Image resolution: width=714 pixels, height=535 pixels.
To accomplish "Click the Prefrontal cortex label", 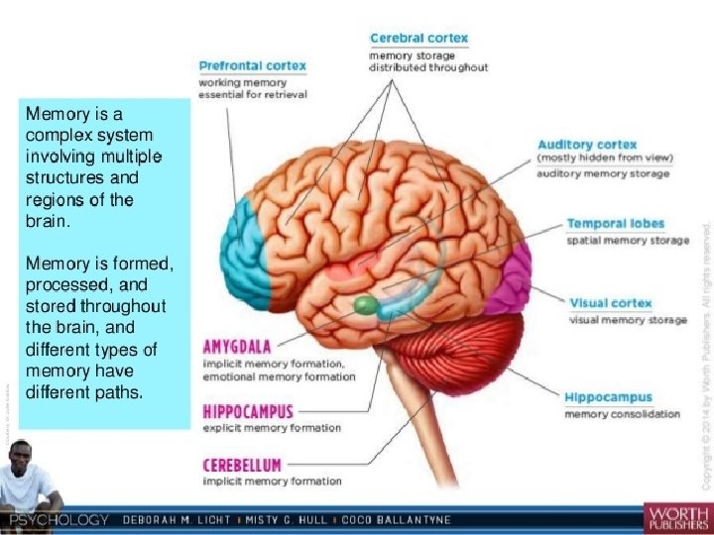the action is pyautogui.click(x=252, y=66).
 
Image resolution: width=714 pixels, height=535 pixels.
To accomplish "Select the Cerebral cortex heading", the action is pyautogui.click(x=418, y=39).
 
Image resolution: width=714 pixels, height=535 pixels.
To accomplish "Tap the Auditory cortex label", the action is pyautogui.click(x=587, y=145).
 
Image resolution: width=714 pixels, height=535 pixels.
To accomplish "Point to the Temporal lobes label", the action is pyautogui.click(x=615, y=224).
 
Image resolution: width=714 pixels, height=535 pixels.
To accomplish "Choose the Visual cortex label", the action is pyautogui.click(x=609, y=302).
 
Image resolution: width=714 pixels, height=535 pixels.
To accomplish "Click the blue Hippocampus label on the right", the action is pyautogui.click(x=608, y=397).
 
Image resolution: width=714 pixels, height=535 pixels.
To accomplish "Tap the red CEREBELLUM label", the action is pyautogui.click(x=242, y=464).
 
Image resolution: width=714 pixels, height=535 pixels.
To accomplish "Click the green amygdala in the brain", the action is pyautogui.click(x=366, y=304).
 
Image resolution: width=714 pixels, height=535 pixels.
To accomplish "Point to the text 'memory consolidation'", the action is pyautogui.click(x=622, y=414).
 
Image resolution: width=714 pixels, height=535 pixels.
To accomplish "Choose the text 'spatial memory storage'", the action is pyautogui.click(x=628, y=241).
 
